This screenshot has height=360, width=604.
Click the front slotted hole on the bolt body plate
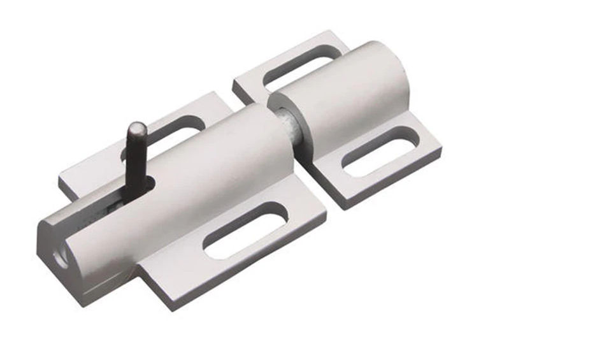click(245, 230)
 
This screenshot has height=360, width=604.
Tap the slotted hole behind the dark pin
click(169, 135)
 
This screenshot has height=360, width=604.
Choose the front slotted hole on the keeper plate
click(378, 151)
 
